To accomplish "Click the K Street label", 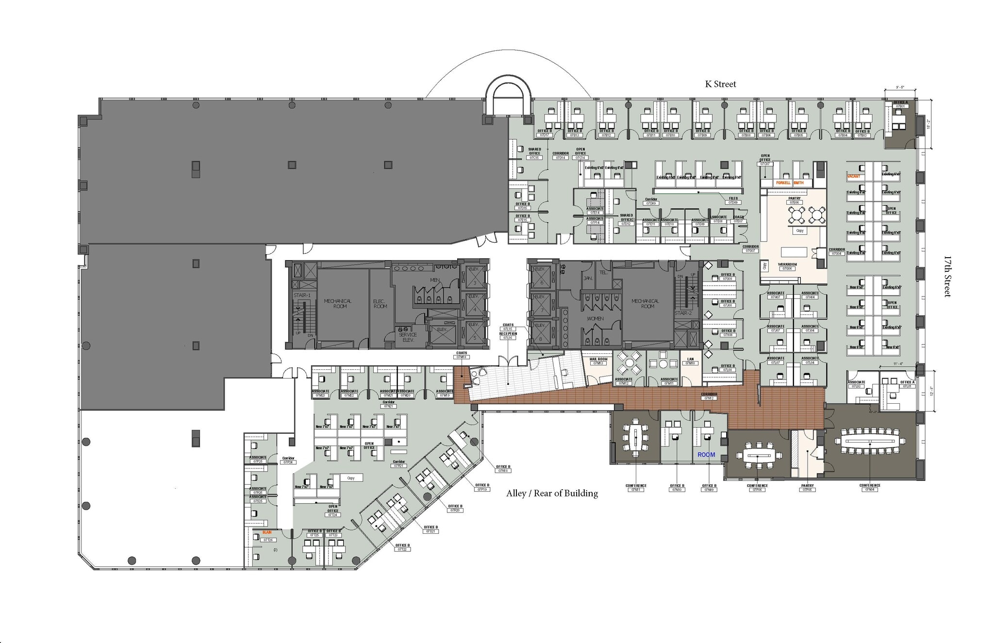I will click(x=720, y=84).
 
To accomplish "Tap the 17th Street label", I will click(x=947, y=276).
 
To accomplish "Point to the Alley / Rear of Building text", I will click(x=552, y=494).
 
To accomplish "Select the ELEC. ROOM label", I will click(x=380, y=304).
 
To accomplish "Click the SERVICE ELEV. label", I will click(x=408, y=337).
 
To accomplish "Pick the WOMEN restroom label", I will click(x=595, y=318).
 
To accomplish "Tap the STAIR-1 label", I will click(x=301, y=295).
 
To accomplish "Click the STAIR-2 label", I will click(x=683, y=313).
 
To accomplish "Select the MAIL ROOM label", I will click(x=598, y=359).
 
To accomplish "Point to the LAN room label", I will click(x=690, y=359).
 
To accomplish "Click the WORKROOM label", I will click(x=787, y=264).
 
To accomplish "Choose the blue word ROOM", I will click(x=706, y=455).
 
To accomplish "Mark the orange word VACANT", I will click(x=853, y=176).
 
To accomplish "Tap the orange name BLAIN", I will click(x=267, y=532).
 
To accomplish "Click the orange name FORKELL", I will click(x=783, y=183).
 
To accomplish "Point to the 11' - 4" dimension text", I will click(x=898, y=363).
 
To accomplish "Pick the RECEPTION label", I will click(x=508, y=333).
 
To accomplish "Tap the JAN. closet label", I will click(x=588, y=278).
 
